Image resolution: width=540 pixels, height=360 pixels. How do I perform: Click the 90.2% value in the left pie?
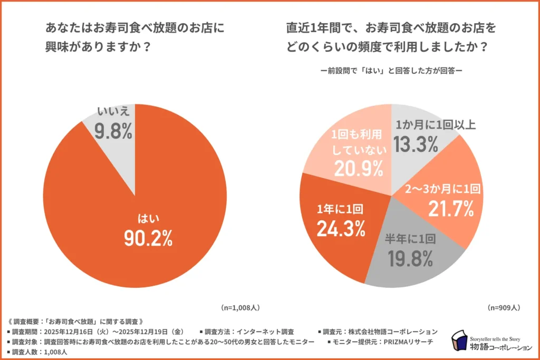[x=148, y=238]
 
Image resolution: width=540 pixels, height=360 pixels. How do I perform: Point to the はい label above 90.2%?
[x=148, y=217]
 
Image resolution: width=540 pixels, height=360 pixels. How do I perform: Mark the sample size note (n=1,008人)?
[x=239, y=307]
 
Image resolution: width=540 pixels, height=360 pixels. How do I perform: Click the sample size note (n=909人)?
[x=504, y=307]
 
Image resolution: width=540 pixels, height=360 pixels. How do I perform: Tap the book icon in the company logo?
[x=460, y=340]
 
